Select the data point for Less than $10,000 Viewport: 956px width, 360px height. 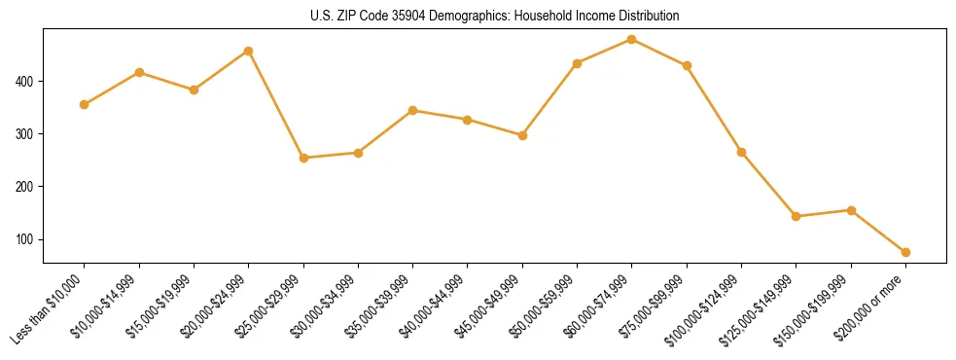coord(85,104)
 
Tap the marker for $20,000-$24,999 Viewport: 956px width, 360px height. coord(249,51)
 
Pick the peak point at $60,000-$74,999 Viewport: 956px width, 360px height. coord(632,40)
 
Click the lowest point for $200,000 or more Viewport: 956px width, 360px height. coord(905,252)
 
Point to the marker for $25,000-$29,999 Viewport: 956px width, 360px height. coord(303,158)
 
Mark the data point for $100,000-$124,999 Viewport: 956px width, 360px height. coord(741,152)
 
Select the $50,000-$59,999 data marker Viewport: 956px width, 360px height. coord(578,63)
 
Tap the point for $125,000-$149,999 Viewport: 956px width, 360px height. coord(797,216)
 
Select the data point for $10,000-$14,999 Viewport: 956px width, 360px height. coord(139,72)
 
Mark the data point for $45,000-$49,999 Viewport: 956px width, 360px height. coord(522,135)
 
